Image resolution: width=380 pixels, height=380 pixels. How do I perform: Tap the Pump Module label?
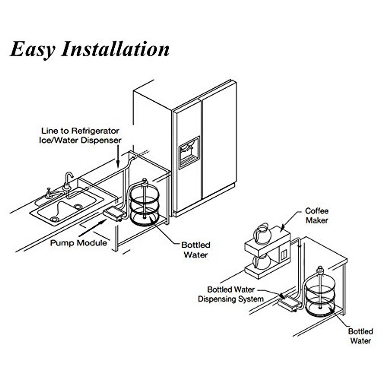coord(79,243)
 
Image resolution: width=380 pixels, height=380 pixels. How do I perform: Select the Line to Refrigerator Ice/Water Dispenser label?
coord(80,135)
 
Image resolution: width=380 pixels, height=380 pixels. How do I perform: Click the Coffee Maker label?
coord(317,216)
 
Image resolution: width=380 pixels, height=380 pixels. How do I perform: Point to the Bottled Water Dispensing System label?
coord(231,294)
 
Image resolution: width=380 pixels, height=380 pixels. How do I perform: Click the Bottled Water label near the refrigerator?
coord(196,250)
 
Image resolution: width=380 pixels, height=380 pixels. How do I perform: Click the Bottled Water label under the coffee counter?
coord(360,336)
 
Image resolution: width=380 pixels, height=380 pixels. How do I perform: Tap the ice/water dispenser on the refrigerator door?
coord(189,152)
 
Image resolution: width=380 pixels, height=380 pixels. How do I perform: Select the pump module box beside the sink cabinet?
coord(113,213)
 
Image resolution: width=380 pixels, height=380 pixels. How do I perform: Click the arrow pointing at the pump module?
coord(92,228)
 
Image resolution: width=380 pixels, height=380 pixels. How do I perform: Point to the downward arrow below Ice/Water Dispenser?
coord(118,158)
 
